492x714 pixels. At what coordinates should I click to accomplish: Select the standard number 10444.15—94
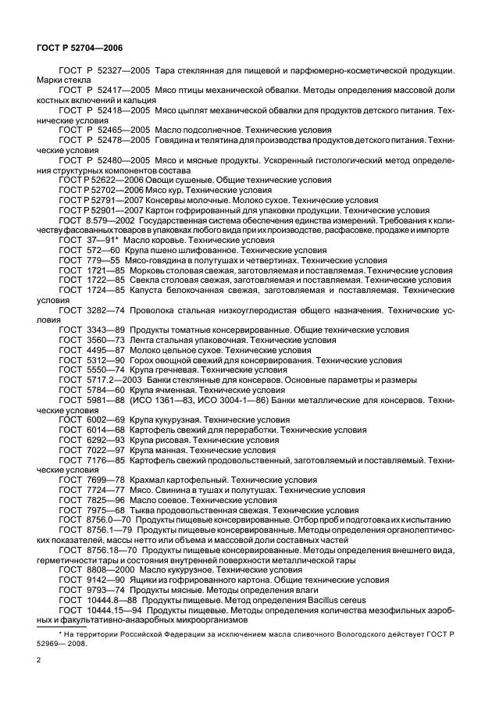tap(115, 610)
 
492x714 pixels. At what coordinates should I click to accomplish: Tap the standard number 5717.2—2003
tap(114, 379)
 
